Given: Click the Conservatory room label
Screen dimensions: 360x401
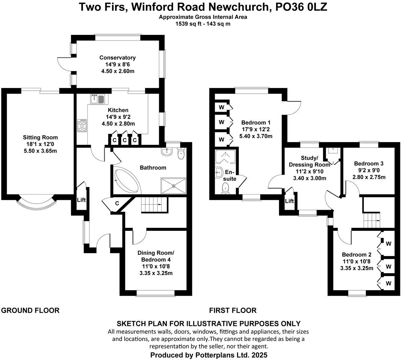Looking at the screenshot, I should [x=118, y=58].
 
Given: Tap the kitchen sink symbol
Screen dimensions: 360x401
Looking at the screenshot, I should [x=98, y=99].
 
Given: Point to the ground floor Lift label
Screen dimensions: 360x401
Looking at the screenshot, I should [x=81, y=200].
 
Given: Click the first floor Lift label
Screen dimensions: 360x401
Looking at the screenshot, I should [x=289, y=201].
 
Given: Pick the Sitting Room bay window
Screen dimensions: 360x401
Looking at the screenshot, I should [x=36, y=202].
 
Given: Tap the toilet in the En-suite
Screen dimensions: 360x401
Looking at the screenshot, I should [x=225, y=188].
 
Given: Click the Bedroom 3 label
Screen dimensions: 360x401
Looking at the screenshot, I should [x=369, y=164].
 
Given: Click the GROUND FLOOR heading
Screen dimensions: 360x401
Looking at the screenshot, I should [x=30, y=310].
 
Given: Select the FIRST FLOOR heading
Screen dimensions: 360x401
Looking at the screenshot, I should [x=233, y=310].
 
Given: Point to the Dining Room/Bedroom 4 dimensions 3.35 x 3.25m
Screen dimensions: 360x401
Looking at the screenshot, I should [x=156, y=273].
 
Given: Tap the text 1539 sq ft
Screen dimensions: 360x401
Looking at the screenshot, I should [x=188, y=24].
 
